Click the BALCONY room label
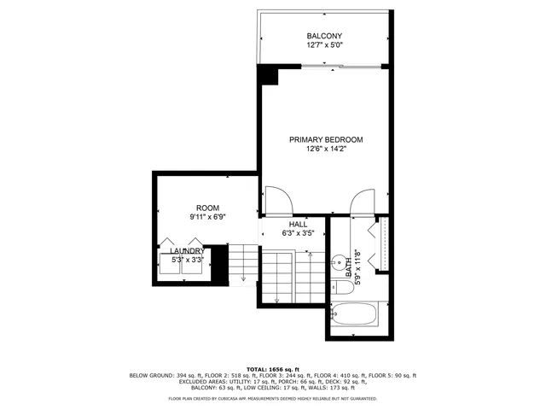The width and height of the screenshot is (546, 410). click(x=324, y=36)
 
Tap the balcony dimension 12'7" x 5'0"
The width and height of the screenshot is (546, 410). click(x=324, y=45)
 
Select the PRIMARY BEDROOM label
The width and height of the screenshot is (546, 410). click(x=326, y=140)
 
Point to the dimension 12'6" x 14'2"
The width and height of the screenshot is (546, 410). click(x=326, y=149)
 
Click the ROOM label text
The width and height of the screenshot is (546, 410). click(x=207, y=208)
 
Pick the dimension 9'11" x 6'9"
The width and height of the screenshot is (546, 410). click(x=207, y=217)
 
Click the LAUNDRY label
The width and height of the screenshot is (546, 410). click(x=187, y=250)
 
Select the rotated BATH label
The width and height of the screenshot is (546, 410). click(x=350, y=271)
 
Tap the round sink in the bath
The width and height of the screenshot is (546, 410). click(x=340, y=262)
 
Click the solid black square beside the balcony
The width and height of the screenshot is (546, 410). click(x=269, y=75)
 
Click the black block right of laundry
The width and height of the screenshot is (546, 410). click(x=219, y=266)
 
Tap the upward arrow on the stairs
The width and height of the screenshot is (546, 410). click(x=276, y=294)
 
